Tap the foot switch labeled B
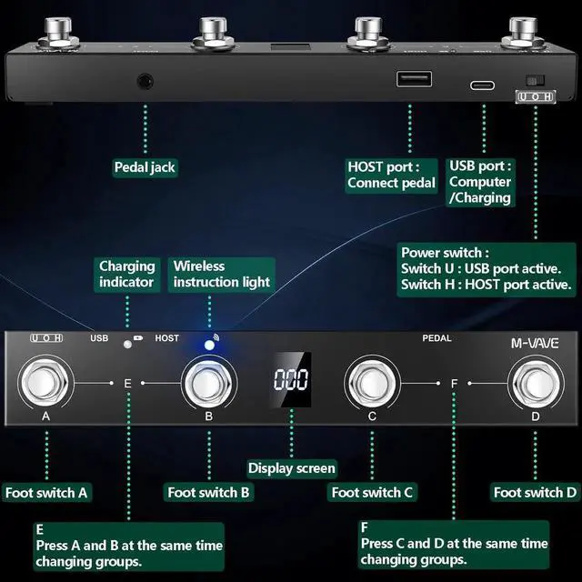[x=209, y=383]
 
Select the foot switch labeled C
[x=372, y=383]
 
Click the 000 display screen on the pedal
[x=291, y=379]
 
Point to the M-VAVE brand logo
[x=535, y=344]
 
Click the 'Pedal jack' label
[x=145, y=166]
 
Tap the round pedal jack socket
[x=145, y=81]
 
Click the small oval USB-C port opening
[x=482, y=85]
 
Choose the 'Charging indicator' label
[x=127, y=275]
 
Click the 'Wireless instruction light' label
[x=221, y=275]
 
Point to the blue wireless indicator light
[x=209, y=346]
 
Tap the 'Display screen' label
[x=292, y=468]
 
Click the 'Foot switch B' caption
[x=209, y=492]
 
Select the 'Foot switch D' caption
[x=535, y=492]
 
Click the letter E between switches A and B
[x=127, y=384]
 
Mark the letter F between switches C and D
[x=454, y=384]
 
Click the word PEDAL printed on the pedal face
[x=436, y=338]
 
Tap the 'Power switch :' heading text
[x=445, y=252]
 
